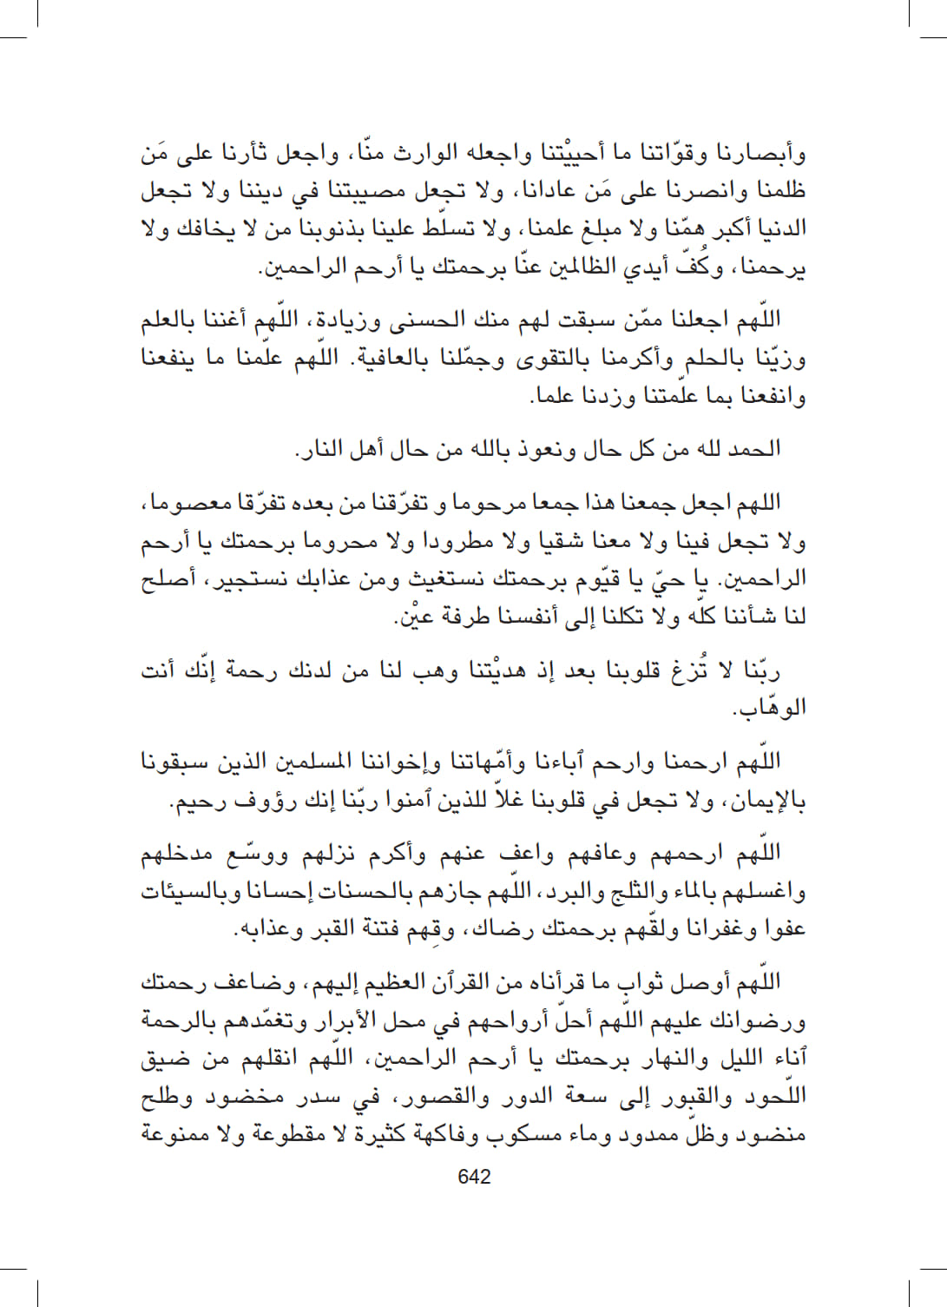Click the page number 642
(474, 1177)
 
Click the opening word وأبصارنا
(765, 155)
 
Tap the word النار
(320, 450)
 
